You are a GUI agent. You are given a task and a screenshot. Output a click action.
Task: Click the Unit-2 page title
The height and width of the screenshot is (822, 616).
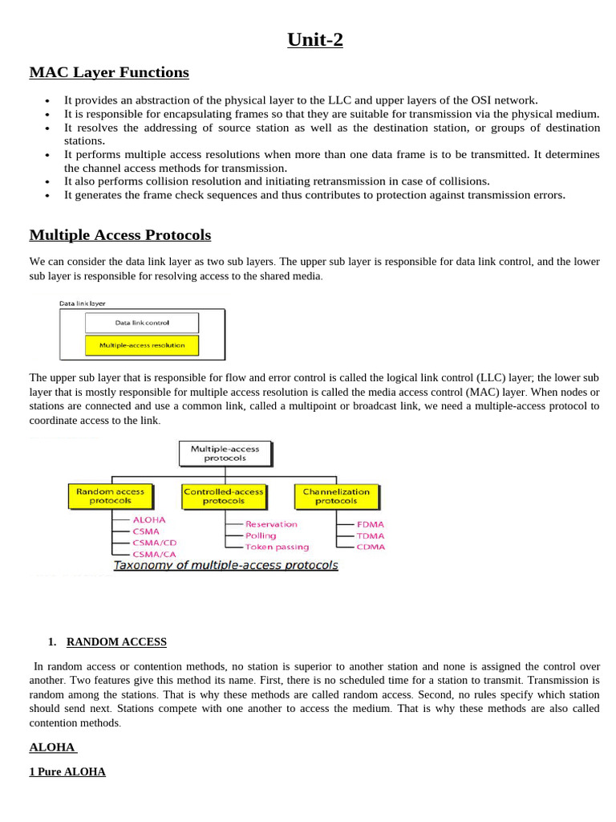tap(315, 39)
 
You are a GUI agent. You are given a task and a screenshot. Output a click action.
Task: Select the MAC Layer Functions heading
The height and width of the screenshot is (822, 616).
tap(109, 72)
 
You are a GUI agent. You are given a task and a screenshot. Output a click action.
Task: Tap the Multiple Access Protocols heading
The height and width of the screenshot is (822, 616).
tap(120, 235)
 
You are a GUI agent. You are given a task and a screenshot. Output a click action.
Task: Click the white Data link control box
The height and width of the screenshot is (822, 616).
tap(142, 323)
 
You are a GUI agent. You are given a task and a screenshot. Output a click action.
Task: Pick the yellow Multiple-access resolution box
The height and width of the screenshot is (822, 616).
tap(142, 345)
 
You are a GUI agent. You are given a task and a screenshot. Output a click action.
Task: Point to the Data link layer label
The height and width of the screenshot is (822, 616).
tap(83, 303)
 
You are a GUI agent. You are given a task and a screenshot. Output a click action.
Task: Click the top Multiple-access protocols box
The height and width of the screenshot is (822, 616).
tap(225, 454)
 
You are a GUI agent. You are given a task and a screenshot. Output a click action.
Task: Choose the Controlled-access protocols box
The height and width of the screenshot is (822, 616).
tap(223, 496)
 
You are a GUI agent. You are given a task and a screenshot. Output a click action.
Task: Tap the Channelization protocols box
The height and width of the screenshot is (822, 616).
tap(336, 496)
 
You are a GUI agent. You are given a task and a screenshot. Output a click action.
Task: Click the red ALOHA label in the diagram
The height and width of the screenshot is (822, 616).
tap(149, 519)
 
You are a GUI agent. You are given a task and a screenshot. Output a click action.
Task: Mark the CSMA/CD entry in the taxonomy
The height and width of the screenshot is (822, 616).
tap(154, 543)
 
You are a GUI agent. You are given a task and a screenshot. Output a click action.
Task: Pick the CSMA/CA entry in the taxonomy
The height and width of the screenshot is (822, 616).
tap(154, 554)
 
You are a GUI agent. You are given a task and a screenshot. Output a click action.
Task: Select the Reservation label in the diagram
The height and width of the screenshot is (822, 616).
tap(271, 524)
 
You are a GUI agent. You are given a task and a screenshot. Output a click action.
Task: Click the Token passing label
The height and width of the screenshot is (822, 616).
tap(277, 547)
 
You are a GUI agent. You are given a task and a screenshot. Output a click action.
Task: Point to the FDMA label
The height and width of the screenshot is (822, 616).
tap(371, 524)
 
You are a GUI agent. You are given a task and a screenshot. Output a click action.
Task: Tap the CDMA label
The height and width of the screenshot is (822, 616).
tap(371, 547)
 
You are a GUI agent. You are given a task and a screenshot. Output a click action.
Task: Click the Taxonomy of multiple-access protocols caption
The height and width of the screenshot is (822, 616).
tap(225, 565)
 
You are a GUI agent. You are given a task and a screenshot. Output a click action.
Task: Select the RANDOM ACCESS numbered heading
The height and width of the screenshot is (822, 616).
tap(116, 642)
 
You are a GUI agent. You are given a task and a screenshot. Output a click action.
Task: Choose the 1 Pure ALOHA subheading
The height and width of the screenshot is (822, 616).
tap(67, 772)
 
